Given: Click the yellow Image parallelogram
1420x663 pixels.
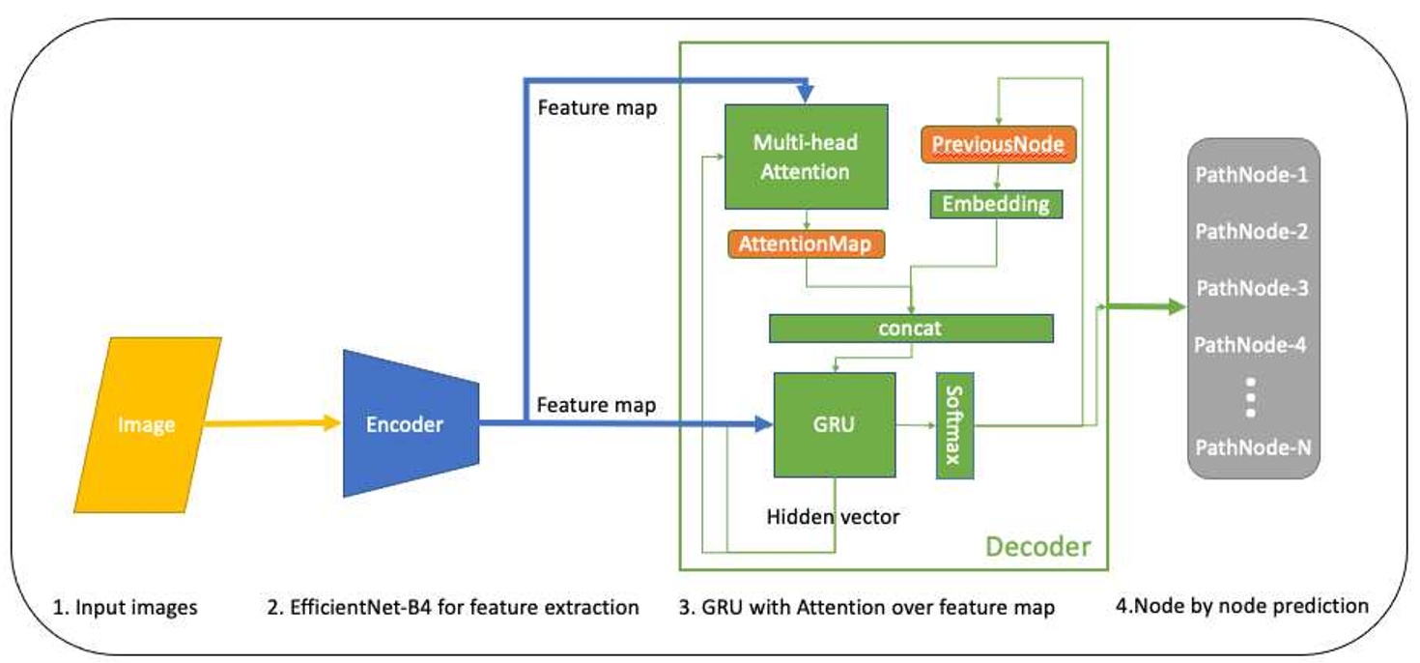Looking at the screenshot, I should coord(148,424).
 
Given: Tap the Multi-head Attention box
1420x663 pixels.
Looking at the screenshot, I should coord(807,157).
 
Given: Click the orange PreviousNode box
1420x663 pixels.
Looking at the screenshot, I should coord(998,144).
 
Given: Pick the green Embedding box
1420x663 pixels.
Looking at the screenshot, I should coord(996,204).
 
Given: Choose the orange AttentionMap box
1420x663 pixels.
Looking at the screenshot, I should coord(806,245).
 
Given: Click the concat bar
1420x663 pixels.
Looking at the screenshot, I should coord(910,329).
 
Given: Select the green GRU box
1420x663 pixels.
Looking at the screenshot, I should coord(835,424).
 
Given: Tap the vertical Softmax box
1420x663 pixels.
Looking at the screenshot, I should coord(954,424).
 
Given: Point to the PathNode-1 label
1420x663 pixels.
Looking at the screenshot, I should coord(1251,176).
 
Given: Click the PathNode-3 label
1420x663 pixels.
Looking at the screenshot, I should coord(1252,288).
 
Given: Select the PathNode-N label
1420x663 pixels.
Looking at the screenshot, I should coord(1252,447).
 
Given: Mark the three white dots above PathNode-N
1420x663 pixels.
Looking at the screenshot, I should coord(1250,396).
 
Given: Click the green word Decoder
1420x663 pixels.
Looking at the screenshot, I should coord(1037,547).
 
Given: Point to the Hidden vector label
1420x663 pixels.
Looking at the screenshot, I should coord(833,517).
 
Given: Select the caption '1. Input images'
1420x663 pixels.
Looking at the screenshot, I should coord(125,607).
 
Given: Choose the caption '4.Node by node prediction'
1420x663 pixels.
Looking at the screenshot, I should coord(1241,606).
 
